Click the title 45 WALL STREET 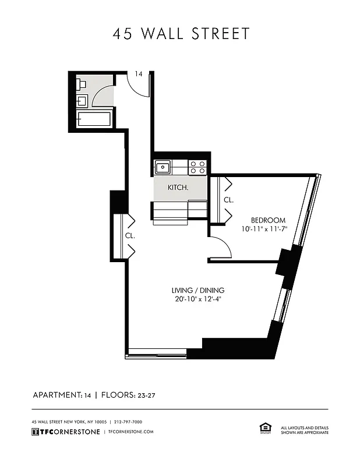tap(181, 34)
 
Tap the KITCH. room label tap(178, 188)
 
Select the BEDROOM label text tap(268, 220)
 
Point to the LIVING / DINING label tap(197, 291)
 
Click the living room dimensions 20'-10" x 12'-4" tap(197, 299)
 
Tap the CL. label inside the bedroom tap(228, 200)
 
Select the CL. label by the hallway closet tap(130, 236)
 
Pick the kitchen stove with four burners tap(198, 168)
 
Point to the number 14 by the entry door tap(139, 74)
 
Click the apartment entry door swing tap(139, 84)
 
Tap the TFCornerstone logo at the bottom tap(65, 432)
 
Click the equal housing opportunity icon tap(264, 429)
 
